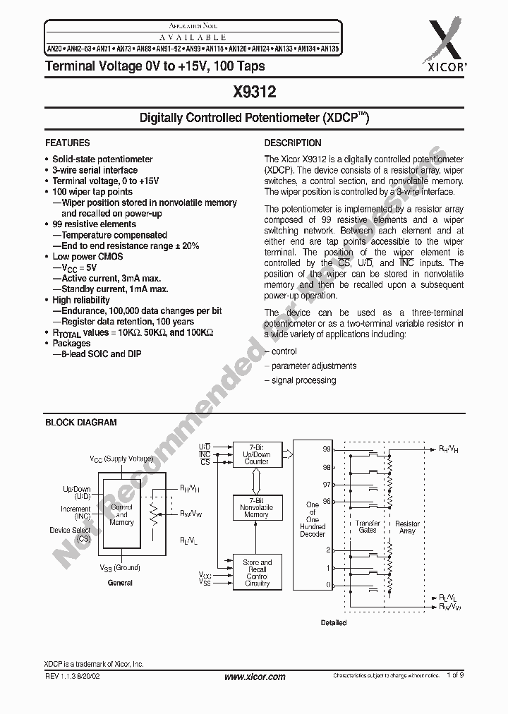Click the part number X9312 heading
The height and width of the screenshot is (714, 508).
[x=254, y=92]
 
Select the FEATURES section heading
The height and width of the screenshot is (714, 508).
[x=68, y=143]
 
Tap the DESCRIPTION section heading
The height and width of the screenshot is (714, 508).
[x=293, y=143]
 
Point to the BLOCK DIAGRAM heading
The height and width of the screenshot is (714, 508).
[x=81, y=423]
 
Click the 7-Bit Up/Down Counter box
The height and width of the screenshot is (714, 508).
[x=256, y=454]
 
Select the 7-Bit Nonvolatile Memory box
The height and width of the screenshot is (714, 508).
[x=256, y=507]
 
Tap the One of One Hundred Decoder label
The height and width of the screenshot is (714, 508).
[x=313, y=519]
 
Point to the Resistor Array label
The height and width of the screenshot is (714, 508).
[x=407, y=527]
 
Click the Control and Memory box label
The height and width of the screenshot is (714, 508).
[x=121, y=514]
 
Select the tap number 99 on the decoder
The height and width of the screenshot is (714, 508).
[x=327, y=449]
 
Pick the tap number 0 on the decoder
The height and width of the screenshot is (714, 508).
[x=327, y=586]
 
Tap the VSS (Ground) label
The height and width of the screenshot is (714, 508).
[x=120, y=567]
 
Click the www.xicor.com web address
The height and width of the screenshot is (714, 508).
[x=255, y=677]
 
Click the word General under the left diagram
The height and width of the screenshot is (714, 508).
[x=120, y=583]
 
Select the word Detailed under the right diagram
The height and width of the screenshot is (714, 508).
[x=334, y=623]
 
